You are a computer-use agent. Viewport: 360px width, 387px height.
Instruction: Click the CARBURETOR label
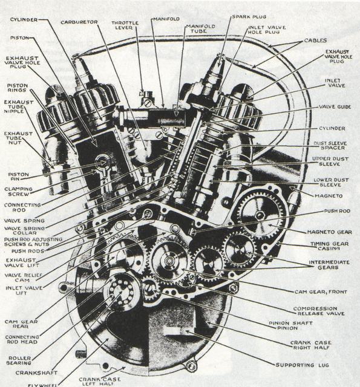pos(79,22)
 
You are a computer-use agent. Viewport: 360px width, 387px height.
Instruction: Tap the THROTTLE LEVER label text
pos(125,25)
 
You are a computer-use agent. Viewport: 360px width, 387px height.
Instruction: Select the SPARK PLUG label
pos(249,17)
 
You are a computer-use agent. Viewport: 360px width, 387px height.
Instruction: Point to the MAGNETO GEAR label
pos(329,232)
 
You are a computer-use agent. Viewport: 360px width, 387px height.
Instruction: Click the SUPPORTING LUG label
pos(303,365)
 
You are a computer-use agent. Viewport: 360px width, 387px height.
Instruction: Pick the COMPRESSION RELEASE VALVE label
pos(318,311)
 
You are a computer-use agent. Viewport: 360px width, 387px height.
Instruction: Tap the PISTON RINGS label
pos(18,88)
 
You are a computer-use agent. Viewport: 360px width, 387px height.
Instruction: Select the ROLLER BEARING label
pos(19,360)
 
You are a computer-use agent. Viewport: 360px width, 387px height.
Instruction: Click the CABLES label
pos(315,41)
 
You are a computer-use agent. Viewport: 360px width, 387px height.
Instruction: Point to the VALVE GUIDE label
pos(335,107)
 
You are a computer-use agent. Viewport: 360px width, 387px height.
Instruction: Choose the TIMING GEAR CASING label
pos(329,246)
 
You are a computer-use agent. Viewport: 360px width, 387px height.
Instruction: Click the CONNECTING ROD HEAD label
pos(22,339)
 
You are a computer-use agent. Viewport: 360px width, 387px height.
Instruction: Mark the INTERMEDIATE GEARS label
pos(329,265)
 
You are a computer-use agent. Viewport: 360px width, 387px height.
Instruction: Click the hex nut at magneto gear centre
pos(260,215)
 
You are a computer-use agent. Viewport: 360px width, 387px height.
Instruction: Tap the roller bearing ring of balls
pos(121,291)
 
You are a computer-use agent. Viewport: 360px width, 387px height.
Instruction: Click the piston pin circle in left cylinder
pos(102,162)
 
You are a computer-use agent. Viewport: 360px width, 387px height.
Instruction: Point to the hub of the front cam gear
pos(169,261)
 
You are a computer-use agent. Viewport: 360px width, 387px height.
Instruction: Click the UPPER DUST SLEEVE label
pos(330,161)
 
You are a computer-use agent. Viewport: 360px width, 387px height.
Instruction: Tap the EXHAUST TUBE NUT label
pos(15,138)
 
